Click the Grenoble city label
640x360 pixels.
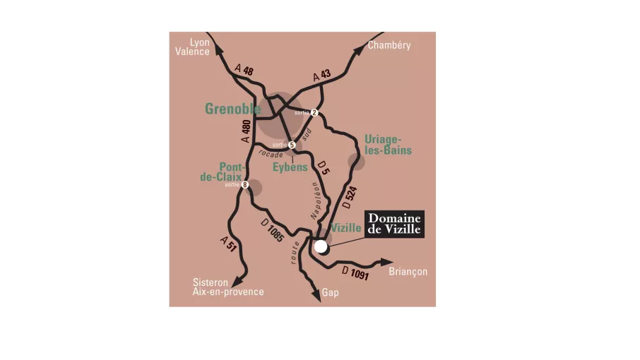(x=232, y=109)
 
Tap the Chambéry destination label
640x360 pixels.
(x=389, y=45)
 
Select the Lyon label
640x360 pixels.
(x=200, y=42)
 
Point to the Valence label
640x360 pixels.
(x=192, y=52)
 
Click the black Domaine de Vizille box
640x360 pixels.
(x=394, y=223)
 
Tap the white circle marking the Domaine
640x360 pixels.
(x=321, y=246)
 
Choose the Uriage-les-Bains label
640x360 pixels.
(x=388, y=145)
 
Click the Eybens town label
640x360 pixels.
(x=290, y=167)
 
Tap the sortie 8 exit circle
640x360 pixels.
(x=245, y=185)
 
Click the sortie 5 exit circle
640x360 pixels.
(x=291, y=145)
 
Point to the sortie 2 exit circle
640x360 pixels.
(x=314, y=112)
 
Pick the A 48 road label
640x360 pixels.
(x=244, y=69)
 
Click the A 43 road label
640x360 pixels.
(x=321, y=76)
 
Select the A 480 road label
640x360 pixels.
(x=245, y=132)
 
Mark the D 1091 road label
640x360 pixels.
(x=355, y=273)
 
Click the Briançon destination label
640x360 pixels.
(x=408, y=272)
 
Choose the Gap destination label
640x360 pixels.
(x=330, y=292)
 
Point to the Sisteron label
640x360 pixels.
(x=211, y=282)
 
